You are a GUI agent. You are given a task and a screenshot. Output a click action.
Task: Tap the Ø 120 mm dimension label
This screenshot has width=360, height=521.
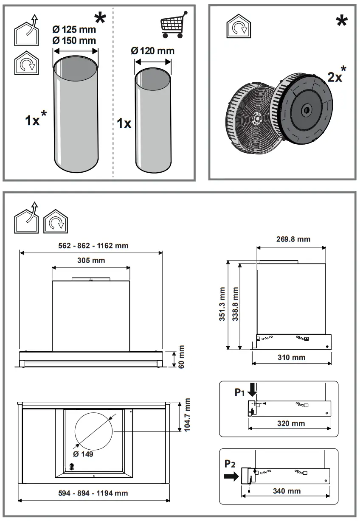153,51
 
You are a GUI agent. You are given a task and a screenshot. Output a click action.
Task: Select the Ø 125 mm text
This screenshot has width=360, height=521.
74,30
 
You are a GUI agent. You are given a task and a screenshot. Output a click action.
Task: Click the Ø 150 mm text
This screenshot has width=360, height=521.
74,40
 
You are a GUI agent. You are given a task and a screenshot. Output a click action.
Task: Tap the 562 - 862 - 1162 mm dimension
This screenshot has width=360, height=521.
93,245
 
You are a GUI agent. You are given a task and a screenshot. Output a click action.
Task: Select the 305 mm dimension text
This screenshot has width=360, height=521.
92,260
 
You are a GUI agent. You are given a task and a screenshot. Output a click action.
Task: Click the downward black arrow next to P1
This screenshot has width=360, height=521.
254,389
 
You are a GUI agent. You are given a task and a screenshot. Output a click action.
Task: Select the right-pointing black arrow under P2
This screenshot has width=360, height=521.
231,476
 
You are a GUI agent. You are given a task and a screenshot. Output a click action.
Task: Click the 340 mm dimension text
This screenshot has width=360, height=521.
287,491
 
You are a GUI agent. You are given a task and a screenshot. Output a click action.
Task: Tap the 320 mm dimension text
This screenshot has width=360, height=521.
291,423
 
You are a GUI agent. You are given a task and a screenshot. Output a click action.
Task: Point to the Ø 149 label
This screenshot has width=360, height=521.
83,454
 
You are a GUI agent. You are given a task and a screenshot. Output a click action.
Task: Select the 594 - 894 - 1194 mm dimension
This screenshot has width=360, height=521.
93,493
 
